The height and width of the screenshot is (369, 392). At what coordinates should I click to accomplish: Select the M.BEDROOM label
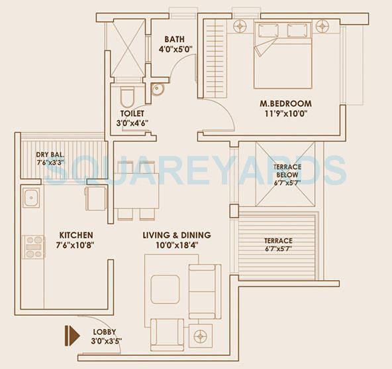pos(285,104)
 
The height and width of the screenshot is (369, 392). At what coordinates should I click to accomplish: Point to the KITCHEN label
pos(75,235)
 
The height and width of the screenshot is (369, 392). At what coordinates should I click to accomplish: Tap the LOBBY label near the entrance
pos(107,332)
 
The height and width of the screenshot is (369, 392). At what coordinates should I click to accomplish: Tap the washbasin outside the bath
pos(157,89)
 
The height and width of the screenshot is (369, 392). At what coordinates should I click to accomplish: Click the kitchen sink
pos(30,197)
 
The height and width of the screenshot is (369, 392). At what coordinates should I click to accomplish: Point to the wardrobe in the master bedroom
pos(215,58)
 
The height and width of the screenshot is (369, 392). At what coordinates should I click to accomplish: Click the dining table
pos(136,190)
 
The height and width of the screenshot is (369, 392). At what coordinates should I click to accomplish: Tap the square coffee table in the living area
pos(164,289)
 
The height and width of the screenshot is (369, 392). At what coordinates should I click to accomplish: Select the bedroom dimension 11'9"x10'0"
pos(285,113)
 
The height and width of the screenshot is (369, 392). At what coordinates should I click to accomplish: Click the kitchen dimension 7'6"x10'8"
pos(75,245)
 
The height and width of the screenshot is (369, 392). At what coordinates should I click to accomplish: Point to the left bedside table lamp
pos(240,27)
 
